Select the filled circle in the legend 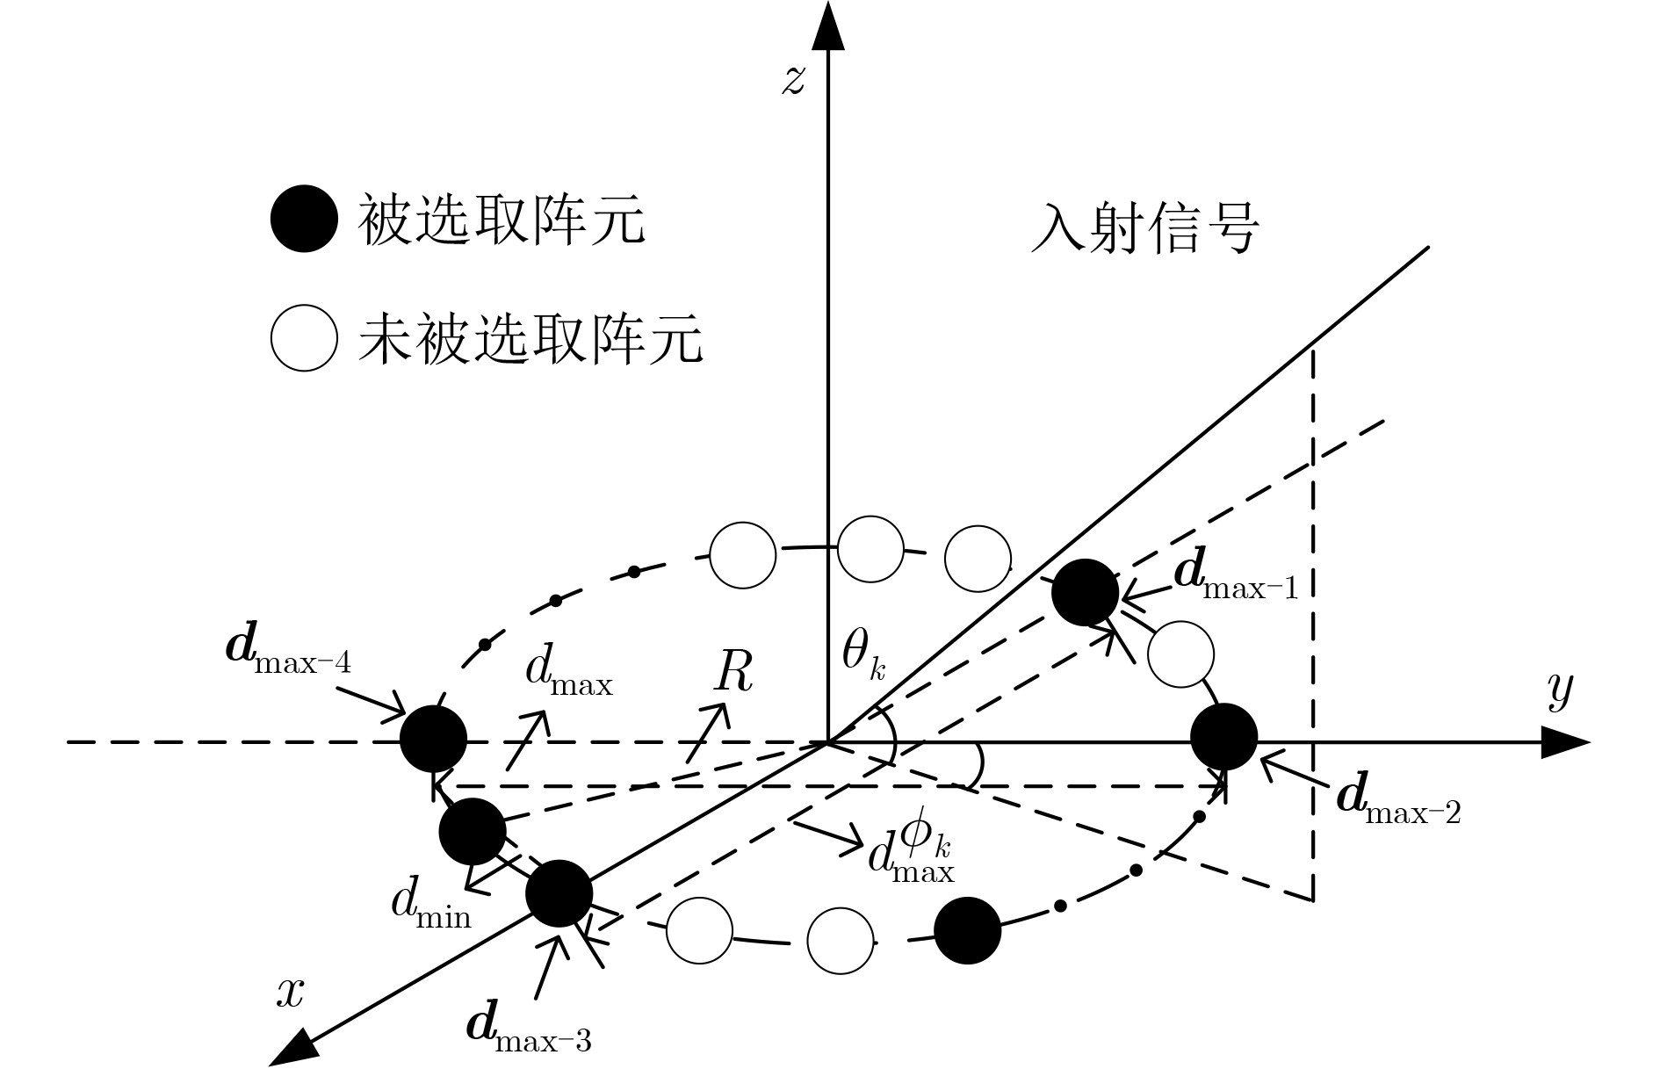[x=304, y=219]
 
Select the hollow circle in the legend [x=304, y=338]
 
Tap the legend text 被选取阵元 [x=501, y=219]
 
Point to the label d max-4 [x=289, y=650]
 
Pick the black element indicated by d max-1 [x=1086, y=592]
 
